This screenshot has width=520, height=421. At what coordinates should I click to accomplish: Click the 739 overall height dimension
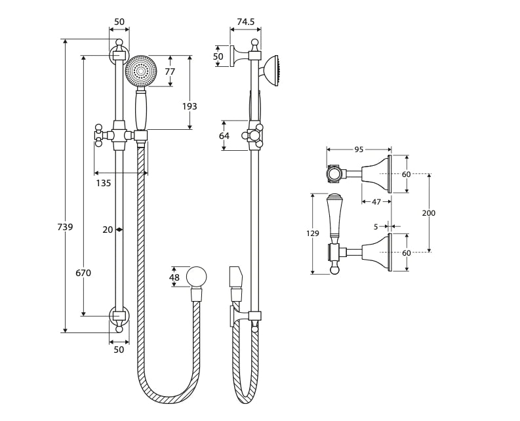(x=64, y=227)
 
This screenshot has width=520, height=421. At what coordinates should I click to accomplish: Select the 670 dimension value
(x=83, y=273)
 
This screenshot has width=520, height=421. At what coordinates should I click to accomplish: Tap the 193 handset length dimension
(x=190, y=106)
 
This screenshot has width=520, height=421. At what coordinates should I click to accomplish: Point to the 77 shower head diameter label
(x=170, y=71)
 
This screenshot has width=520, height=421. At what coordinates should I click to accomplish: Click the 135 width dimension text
(x=104, y=183)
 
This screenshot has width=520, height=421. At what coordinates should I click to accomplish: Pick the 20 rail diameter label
(x=108, y=230)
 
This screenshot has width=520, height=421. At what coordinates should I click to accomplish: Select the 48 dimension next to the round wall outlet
(x=174, y=277)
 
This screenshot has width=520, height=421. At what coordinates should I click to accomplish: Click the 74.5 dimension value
(x=245, y=22)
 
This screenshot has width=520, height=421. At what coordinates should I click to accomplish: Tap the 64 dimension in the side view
(x=224, y=136)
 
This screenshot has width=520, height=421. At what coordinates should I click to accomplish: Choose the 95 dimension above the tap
(x=359, y=150)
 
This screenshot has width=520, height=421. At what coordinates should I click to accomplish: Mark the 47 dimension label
(x=376, y=202)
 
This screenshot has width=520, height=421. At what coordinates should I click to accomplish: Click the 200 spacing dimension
(x=429, y=213)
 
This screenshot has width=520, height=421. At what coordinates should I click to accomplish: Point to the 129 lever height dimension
(x=313, y=233)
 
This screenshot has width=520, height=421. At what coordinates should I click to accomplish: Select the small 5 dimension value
(x=376, y=227)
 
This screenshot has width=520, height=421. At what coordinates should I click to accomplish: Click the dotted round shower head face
(x=141, y=71)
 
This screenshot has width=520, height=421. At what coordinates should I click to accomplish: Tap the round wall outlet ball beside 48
(x=196, y=277)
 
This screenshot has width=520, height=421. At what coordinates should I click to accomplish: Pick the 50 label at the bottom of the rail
(x=119, y=350)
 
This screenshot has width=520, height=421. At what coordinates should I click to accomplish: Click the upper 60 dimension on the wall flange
(x=406, y=174)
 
